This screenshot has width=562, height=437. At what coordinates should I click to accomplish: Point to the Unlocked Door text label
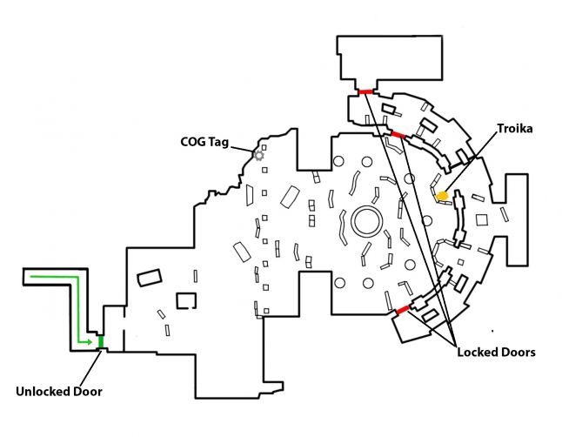pyautogui.click(x=58, y=391)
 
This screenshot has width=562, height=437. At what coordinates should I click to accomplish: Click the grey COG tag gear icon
pyautogui.click(x=258, y=155)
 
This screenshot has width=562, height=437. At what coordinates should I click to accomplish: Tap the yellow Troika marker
pyautogui.click(x=442, y=196)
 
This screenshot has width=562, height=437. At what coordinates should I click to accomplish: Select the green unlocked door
pyautogui.click(x=101, y=341)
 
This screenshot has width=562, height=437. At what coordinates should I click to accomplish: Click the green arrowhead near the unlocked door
pyautogui.click(x=89, y=342)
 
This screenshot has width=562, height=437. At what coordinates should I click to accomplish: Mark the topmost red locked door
pyautogui.click(x=365, y=91)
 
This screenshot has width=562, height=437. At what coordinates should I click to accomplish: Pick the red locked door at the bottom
pyautogui.click(x=402, y=309)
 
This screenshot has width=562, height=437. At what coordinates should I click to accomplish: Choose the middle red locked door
pyautogui.click(x=397, y=133)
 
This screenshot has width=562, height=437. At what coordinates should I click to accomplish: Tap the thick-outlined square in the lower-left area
pyautogui.click(x=186, y=300)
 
